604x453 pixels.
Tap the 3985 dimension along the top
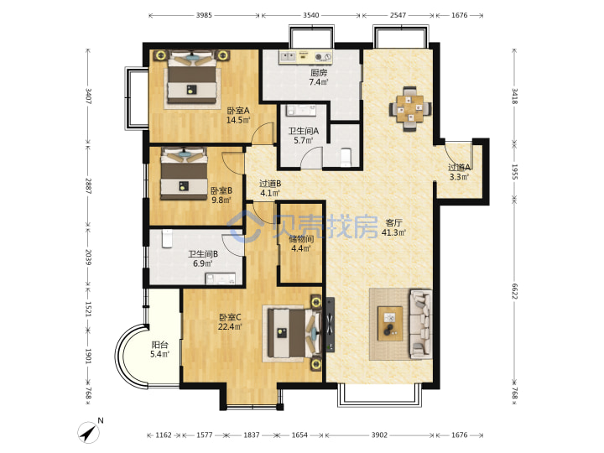tap(204, 15)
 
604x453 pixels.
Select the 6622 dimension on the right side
tap(514, 291)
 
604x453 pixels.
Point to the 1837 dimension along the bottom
tap(251, 435)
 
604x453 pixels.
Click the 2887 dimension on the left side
tap(88, 185)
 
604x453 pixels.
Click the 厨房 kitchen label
tap(319, 72)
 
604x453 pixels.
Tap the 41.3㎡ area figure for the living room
tap(393, 232)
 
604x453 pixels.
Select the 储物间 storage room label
tap(301, 239)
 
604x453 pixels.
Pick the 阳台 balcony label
tap(159, 345)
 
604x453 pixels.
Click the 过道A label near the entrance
tap(459, 168)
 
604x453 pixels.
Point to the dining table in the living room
tap(410, 109)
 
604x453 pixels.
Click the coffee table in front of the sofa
tap(390, 324)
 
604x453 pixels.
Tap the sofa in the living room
tap(420, 324)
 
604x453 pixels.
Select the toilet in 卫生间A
tap(346, 157)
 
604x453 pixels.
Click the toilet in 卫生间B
tap(167, 238)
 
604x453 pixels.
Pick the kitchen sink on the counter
tap(288, 57)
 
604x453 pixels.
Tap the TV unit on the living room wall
tap(331, 325)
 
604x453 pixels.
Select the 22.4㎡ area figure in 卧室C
tap(230, 326)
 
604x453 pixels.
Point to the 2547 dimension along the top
tap(398, 15)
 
